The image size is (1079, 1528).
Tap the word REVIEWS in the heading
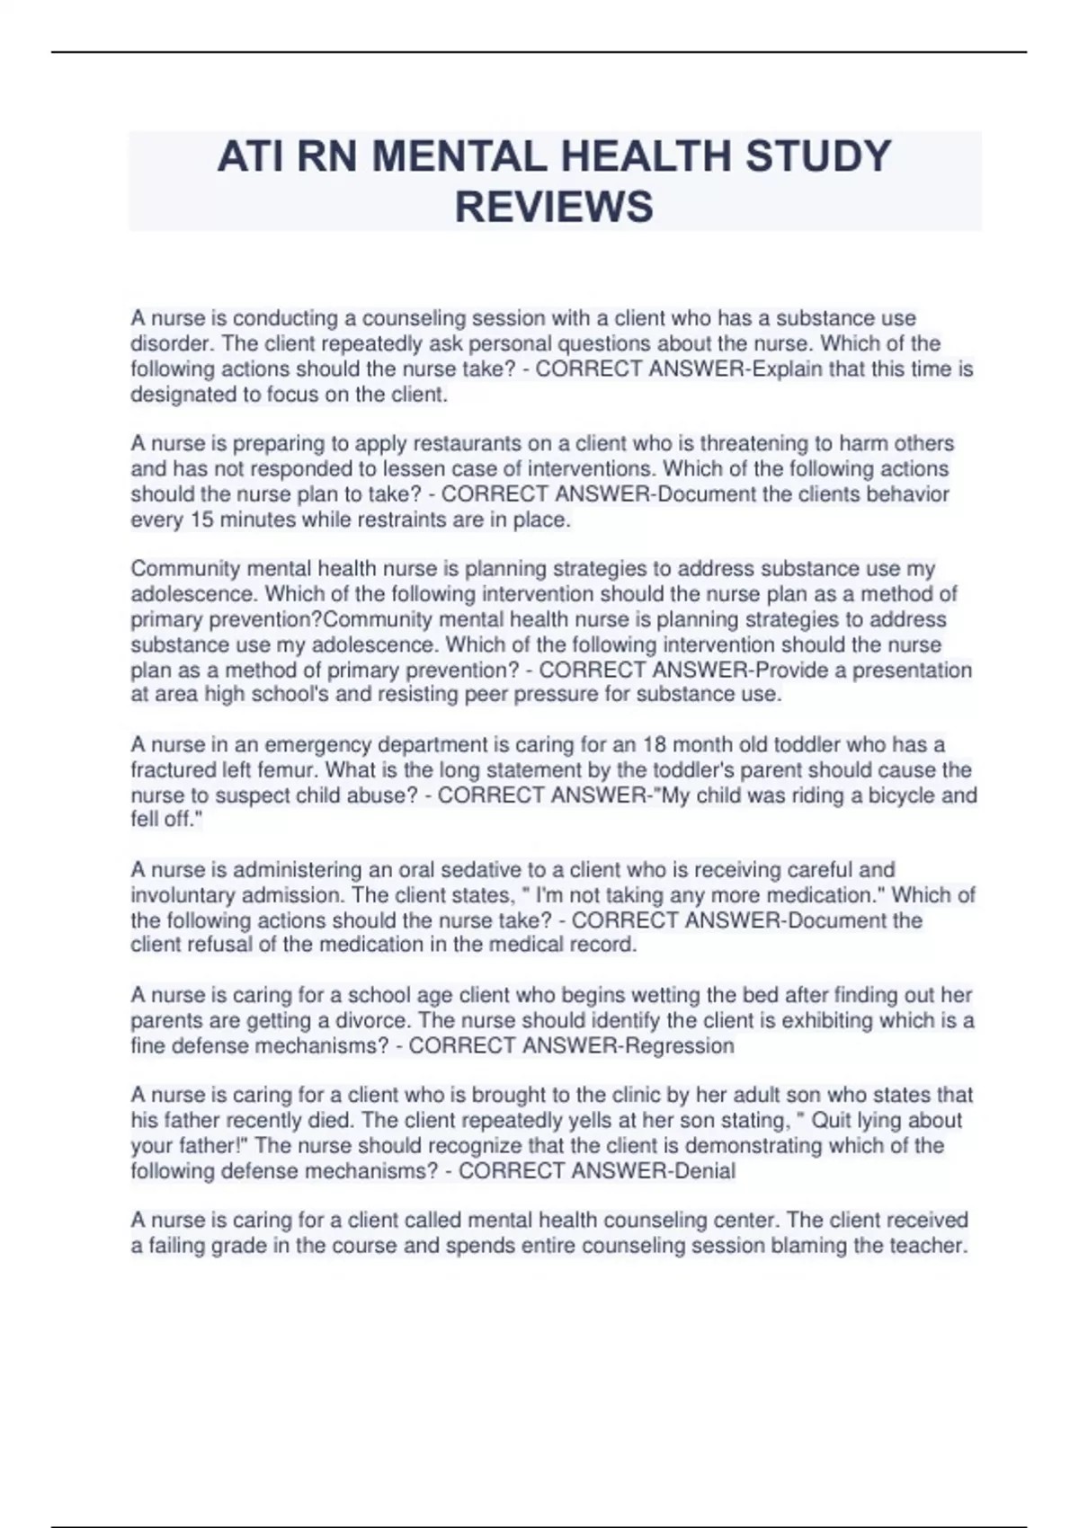click(x=554, y=207)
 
